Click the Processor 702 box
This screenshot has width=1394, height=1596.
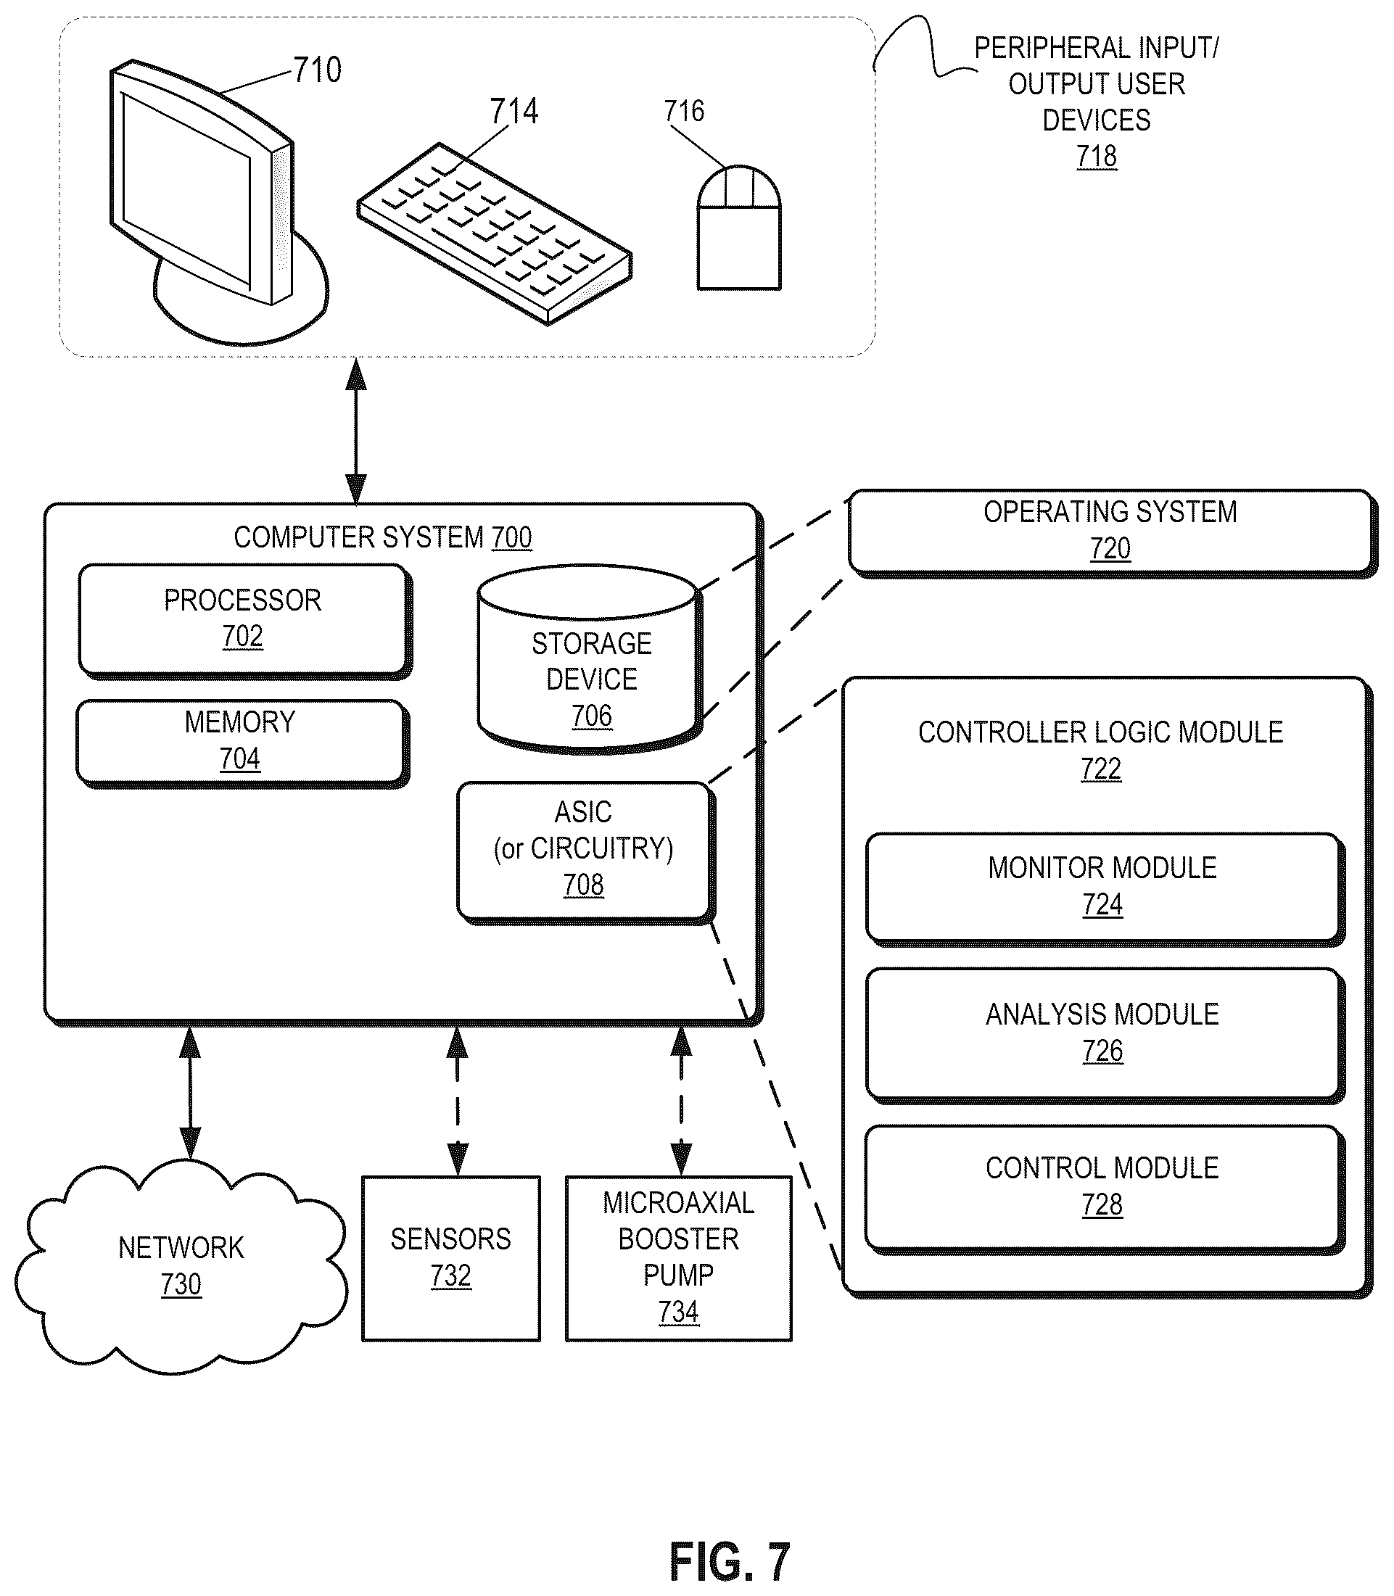(245, 620)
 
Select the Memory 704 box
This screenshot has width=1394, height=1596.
(243, 743)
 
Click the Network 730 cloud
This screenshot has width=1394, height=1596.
(181, 1266)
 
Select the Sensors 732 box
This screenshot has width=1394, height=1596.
(451, 1258)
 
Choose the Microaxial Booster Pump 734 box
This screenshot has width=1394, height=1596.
(678, 1258)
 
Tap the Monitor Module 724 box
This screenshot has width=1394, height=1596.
(1105, 889)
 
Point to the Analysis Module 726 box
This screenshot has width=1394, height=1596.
(1105, 1035)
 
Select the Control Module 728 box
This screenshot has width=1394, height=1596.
(1105, 1189)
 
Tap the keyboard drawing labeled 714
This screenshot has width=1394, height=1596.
(495, 233)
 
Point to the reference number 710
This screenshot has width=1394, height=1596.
(318, 70)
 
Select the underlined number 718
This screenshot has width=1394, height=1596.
(1097, 157)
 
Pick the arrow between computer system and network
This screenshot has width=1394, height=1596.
(190, 1093)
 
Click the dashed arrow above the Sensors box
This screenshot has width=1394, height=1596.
(458, 1101)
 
